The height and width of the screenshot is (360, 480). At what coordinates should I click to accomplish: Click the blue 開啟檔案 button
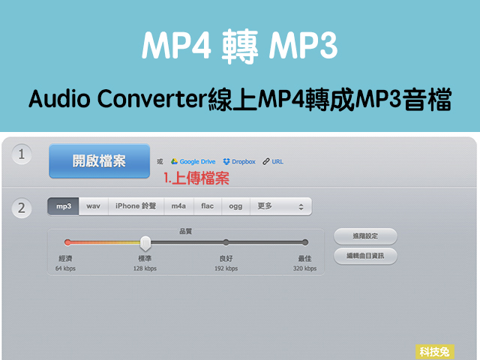click(x=99, y=161)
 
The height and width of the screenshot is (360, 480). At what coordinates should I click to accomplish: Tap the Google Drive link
click(x=193, y=162)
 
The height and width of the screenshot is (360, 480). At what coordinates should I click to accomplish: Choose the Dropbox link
click(x=239, y=162)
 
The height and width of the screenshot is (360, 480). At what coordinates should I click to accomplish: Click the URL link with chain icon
click(x=273, y=162)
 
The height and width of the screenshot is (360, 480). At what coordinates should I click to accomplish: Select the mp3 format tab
click(x=63, y=206)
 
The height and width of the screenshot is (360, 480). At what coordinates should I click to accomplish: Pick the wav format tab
click(x=93, y=206)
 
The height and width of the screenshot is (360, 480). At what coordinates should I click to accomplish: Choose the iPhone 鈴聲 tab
click(x=136, y=206)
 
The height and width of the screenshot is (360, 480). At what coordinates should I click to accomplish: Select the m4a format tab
click(x=178, y=206)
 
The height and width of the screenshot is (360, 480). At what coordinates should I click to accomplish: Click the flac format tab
click(x=208, y=206)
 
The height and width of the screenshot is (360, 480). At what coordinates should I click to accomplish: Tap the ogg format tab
click(x=235, y=206)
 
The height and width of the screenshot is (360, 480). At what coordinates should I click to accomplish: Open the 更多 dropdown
click(x=281, y=206)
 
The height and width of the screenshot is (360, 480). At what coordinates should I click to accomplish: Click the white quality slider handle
click(x=145, y=243)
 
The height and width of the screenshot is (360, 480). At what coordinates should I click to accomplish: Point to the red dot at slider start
click(x=67, y=242)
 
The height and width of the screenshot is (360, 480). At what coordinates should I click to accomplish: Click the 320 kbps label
click(x=305, y=268)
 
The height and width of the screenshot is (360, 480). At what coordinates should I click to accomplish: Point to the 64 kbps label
click(x=65, y=268)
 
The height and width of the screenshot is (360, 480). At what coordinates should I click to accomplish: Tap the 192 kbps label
click(x=226, y=268)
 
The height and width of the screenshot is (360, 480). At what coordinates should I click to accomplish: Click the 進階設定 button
click(x=365, y=236)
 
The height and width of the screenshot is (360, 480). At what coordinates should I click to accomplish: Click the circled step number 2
click(x=22, y=208)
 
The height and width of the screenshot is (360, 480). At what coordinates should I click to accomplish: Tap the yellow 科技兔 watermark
click(x=435, y=352)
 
